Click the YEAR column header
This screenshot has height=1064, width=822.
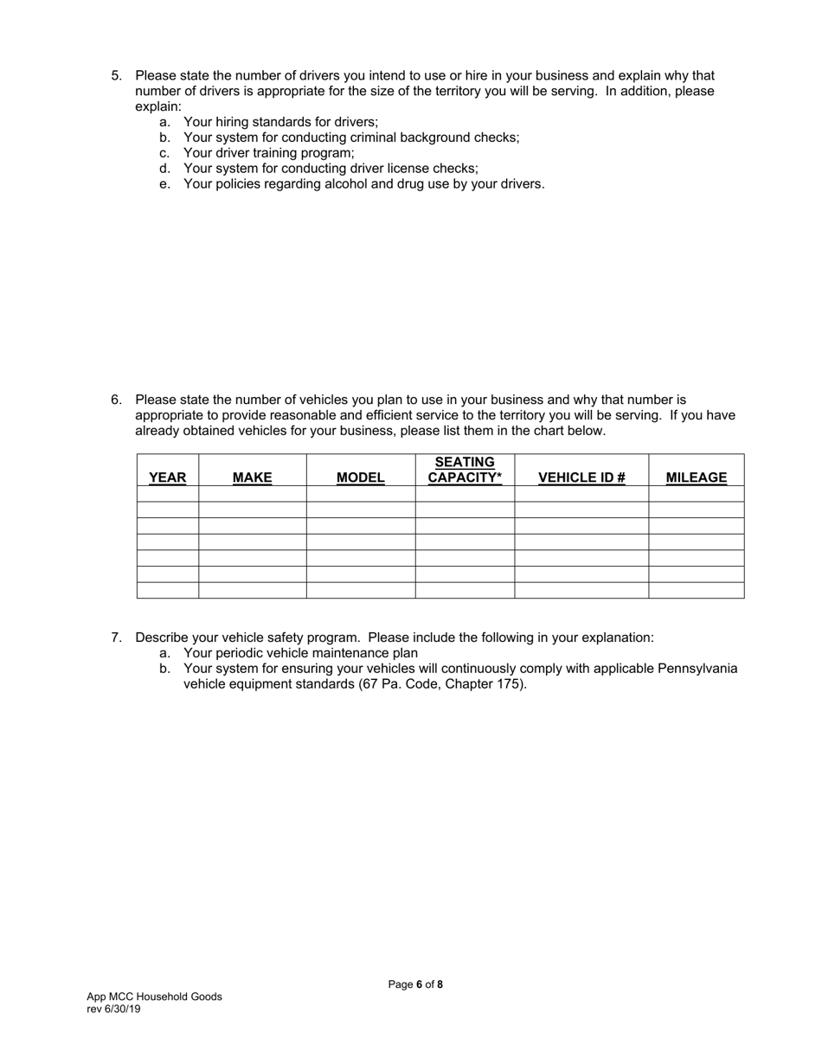(167, 478)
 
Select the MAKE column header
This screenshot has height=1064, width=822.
(252, 478)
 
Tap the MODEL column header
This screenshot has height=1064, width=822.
(360, 478)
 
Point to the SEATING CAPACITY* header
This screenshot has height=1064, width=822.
(465, 470)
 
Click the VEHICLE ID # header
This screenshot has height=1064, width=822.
(581, 478)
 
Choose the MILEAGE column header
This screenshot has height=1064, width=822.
(696, 478)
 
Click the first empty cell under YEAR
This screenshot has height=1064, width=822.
(167, 494)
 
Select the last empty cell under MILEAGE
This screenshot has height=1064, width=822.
(696, 590)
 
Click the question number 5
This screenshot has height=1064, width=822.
(116, 76)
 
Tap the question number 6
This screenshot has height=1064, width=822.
(116, 400)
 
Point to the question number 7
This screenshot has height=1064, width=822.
(116, 638)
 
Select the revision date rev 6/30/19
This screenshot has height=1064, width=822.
(113, 1009)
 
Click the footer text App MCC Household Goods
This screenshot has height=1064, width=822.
(154, 997)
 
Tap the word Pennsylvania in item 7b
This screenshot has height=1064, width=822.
(697, 669)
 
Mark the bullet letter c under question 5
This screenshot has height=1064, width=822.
(164, 153)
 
